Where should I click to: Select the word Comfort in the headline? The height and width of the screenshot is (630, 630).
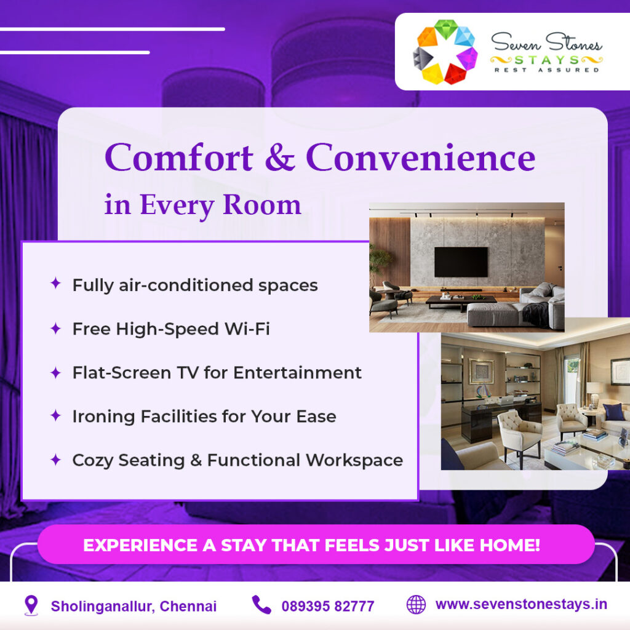tap(179, 157)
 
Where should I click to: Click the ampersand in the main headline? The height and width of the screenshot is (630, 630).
tap(279, 158)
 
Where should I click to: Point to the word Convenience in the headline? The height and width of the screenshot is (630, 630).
tap(420, 157)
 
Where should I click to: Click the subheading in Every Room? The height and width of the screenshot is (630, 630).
tap(202, 205)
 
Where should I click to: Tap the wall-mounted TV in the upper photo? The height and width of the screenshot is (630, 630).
tap(461, 261)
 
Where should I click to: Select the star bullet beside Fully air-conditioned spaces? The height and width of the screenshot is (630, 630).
tap(55, 284)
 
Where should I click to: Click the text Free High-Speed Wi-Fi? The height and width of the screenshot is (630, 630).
tap(171, 329)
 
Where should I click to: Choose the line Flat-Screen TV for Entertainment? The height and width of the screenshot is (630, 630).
tap(217, 373)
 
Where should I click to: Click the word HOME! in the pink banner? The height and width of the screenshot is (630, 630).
tap(510, 545)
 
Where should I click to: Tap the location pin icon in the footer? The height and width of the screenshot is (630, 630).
tap(31, 605)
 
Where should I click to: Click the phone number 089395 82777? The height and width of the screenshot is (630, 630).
tap(327, 606)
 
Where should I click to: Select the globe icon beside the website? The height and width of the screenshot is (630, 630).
tap(416, 605)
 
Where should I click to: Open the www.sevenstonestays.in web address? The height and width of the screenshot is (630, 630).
tap(521, 604)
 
